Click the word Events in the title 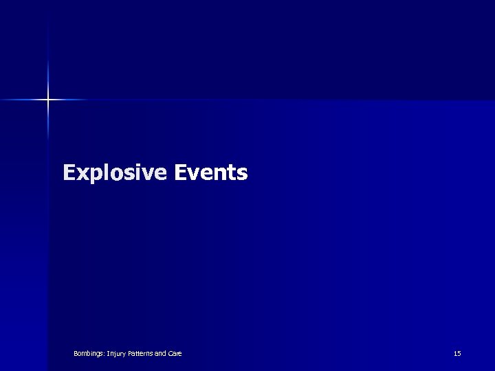coord(210,172)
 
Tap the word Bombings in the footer coord(89,354)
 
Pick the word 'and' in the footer coord(160,354)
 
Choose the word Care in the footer coord(175,354)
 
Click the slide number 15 coord(457,354)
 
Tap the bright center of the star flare coord(48,100)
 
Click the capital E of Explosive coord(69,172)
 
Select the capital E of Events coord(180,172)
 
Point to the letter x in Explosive coord(81,174)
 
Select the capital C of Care coord(170,354)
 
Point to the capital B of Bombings coord(76,354)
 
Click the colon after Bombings coord(104,355)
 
